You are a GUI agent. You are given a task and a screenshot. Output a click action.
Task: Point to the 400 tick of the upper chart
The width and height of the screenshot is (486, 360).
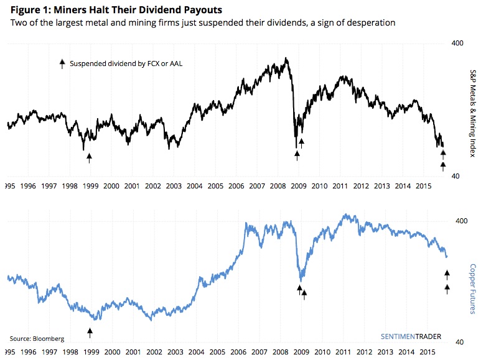(x=457, y=44)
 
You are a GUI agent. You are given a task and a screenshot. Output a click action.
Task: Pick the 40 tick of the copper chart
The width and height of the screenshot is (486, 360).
(x=459, y=342)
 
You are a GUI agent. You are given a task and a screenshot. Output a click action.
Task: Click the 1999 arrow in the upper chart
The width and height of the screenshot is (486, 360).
(x=89, y=158)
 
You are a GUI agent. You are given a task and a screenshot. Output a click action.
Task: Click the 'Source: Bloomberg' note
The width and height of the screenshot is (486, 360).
(x=37, y=339)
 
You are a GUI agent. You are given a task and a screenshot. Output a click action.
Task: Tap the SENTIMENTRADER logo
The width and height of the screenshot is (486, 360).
(x=410, y=336)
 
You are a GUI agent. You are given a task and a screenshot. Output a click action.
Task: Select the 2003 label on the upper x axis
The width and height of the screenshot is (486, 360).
(x=174, y=186)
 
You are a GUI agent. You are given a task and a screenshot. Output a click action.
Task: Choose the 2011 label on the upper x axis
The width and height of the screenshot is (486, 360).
(x=340, y=186)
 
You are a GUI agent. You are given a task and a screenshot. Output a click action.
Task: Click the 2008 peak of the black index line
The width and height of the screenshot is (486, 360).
(x=286, y=59)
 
